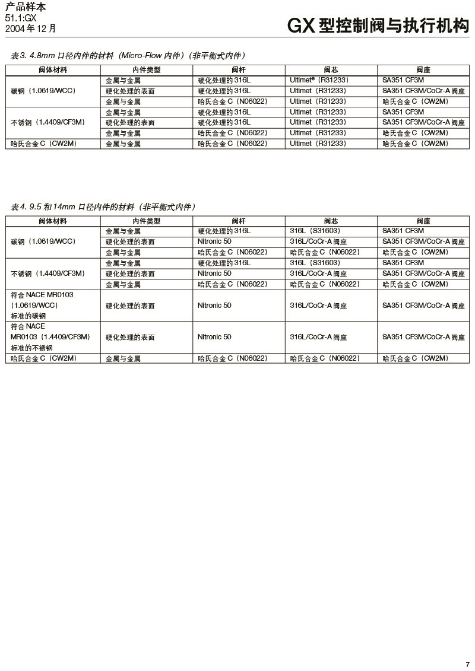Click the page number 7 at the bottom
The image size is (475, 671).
(467, 663)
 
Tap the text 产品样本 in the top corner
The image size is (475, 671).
(25, 7)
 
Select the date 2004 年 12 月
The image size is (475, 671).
(31, 28)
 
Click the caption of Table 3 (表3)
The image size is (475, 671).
(128, 56)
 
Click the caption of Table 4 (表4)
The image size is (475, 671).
(103, 207)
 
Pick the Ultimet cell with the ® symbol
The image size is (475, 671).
(319, 80)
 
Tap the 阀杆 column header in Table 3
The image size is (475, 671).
(239, 70)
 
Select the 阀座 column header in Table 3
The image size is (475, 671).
(423, 70)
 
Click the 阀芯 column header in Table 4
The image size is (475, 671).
(331, 221)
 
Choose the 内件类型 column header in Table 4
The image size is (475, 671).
(146, 221)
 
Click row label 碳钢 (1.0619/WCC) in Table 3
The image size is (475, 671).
(43, 91)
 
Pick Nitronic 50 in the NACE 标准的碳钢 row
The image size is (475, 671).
(214, 306)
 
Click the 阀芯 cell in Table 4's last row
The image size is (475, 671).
(325, 358)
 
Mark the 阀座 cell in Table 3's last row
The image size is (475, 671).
(415, 144)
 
